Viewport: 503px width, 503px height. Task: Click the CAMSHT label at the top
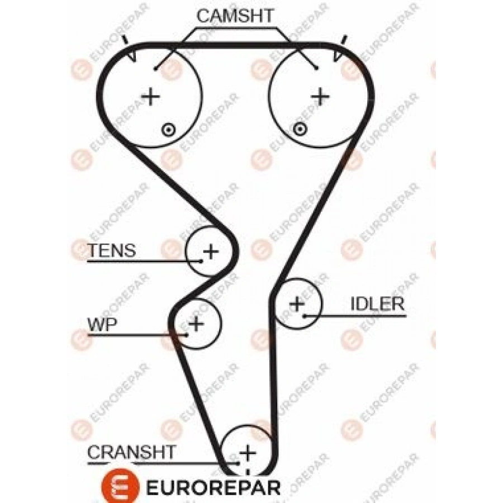click(235, 16)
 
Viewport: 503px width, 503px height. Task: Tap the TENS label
click(112, 250)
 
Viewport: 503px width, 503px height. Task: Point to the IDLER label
click(377, 304)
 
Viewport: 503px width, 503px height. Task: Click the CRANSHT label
click(132, 451)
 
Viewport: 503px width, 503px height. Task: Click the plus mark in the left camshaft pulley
click(150, 96)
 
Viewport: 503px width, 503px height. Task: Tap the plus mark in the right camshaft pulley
click(320, 96)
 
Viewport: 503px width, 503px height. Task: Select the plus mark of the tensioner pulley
click(211, 251)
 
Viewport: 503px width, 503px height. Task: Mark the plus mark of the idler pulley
click(297, 305)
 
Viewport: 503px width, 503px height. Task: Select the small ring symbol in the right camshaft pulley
click(301, 130)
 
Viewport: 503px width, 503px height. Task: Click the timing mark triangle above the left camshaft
click(132, 56)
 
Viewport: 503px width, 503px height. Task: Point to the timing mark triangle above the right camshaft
click(338, 55)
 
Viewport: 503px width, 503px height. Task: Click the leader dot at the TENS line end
click(200, 260)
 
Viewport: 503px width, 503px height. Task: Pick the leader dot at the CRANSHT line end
click(238, 463)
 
